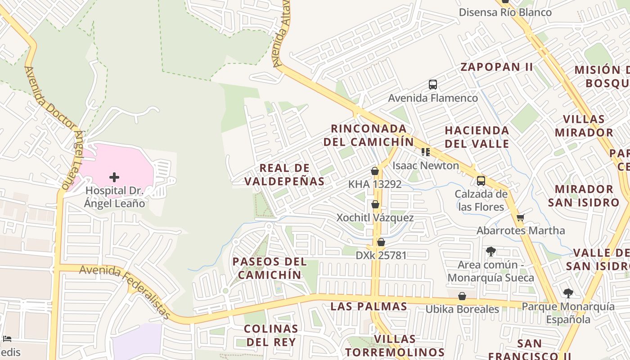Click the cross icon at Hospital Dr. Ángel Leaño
coord(114,177)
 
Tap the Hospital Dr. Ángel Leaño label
coord(115,197)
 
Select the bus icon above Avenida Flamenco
coord(433,85)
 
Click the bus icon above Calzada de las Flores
coord(481,181)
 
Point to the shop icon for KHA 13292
coord(375,171)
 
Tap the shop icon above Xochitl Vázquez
coord(375,205)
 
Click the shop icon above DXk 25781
coord(381,243)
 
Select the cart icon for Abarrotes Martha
coord(521,218)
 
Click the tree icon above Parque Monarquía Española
coord(568,294)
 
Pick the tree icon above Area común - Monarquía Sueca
coord(491,252)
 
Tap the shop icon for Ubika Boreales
coord(462,296)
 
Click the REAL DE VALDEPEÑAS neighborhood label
coord(284,175)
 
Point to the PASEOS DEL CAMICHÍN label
coord(270,268)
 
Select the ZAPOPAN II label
coord(497,67)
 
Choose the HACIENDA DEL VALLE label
coord(477,137)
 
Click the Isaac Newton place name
coord(426,166)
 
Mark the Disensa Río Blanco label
coord(505,12)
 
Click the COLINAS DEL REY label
coord(271,335)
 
